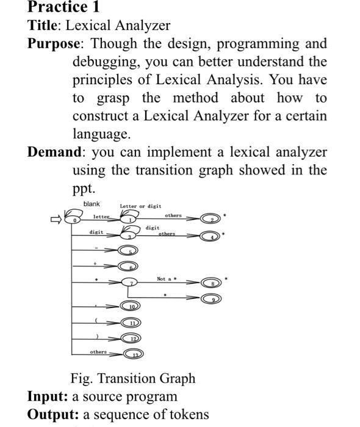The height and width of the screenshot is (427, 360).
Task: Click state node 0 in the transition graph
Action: click(76, 220)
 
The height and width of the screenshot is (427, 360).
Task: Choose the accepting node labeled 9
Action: click(209, 300)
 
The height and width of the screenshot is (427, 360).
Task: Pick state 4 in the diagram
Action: click(209, 237)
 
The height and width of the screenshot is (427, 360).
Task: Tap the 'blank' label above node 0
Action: click(92, 204)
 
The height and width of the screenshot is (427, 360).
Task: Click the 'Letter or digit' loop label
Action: click(141, 206)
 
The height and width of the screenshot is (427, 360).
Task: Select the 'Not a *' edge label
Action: click(166, 279)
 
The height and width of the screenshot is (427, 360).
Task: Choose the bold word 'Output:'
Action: click(53, 415)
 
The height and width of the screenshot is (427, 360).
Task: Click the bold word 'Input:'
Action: click(48, 396)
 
